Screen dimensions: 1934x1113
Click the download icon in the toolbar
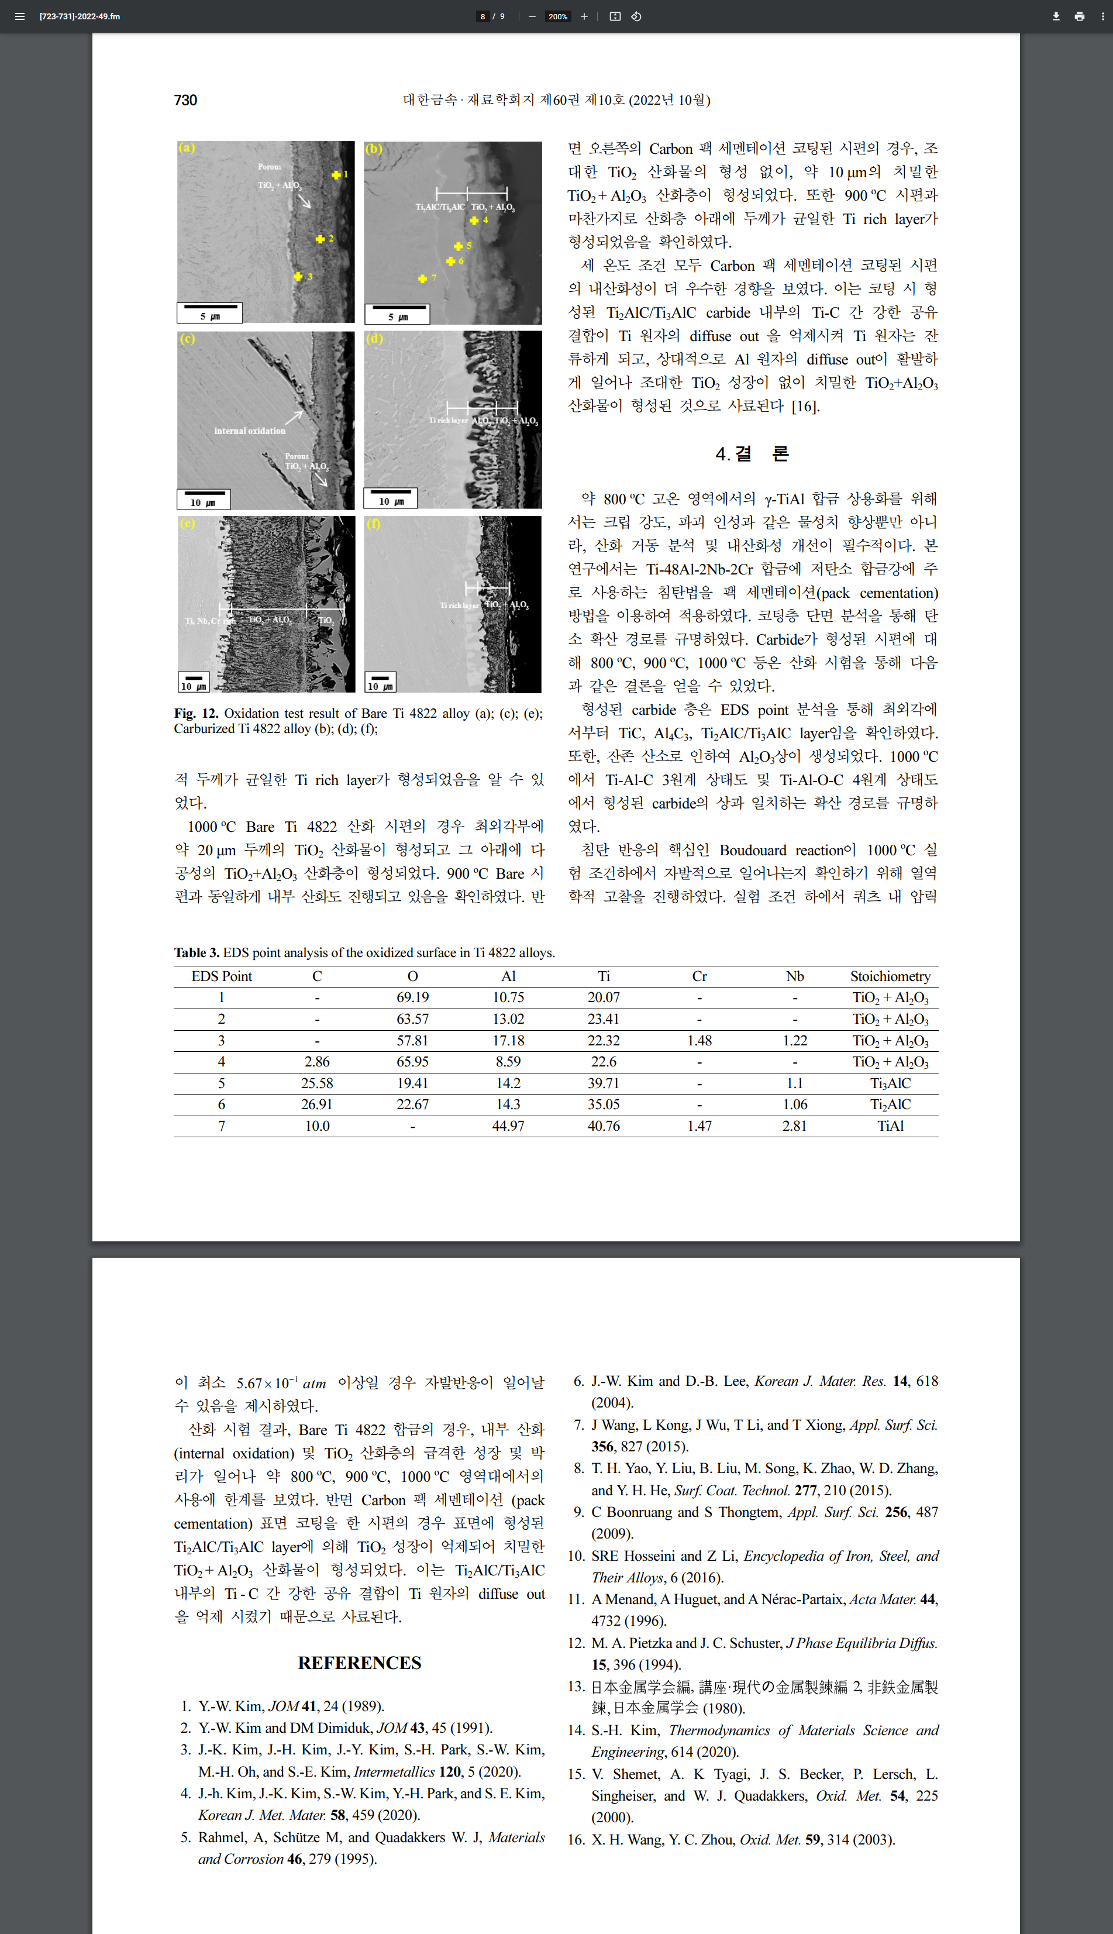(1056, 16)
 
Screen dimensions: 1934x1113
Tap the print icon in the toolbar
(1079, 16)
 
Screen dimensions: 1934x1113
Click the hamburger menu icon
(20, 16)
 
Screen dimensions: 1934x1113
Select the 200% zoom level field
(557, 16)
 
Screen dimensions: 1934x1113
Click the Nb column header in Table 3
(794, 976)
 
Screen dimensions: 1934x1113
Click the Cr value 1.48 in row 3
(699, 1040)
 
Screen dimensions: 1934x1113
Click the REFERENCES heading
(359, 1663)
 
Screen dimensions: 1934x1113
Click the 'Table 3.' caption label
(197, 952)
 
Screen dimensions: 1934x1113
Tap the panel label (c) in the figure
(187, 339)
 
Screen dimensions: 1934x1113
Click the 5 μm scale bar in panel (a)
(209, 312)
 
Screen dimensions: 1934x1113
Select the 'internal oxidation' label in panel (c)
(249, 431)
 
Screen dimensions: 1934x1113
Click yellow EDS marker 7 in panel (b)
(423, 279)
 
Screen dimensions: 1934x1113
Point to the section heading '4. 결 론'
(752, 454)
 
